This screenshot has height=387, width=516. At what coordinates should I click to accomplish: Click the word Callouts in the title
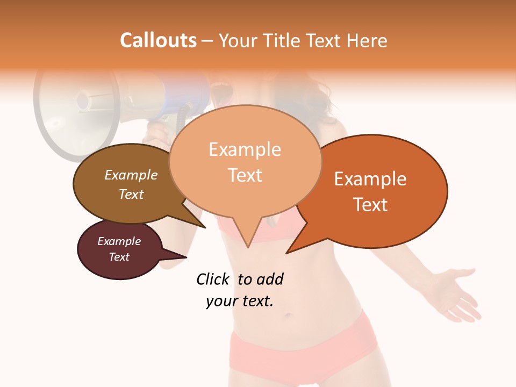tap(158, 40)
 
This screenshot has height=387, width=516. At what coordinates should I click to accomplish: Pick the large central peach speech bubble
tap(245, 161)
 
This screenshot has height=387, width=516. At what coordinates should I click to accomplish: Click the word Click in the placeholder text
tap(213, 279)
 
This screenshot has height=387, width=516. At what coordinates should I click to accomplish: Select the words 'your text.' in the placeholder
tap(240, 302)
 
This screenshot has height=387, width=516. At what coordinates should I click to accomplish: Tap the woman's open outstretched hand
tap(457, 293)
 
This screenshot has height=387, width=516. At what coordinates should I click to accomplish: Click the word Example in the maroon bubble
tap(119, 241)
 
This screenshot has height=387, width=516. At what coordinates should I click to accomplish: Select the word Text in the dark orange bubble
tap(371, 205)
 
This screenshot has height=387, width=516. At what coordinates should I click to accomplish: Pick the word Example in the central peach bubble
tap(245, 149)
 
